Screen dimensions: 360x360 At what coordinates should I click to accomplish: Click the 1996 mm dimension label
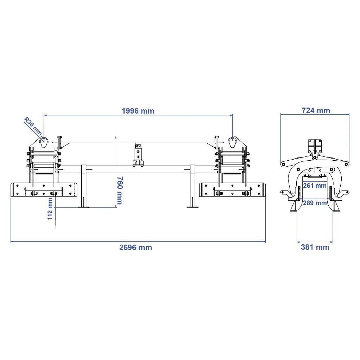click(x=138, y=111)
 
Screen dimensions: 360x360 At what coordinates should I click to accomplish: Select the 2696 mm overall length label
click(x=135, y=247)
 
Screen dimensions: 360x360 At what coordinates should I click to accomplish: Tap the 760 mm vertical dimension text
click(x=119, y=190)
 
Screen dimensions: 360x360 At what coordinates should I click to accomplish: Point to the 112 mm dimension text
click(x=50, y=209)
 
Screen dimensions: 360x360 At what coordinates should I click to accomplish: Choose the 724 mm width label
click(x=316, y=111)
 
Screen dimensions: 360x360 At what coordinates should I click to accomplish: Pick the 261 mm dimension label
click(x=315, y=185)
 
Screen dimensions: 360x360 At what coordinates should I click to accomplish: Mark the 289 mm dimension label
click(x=315, y=203)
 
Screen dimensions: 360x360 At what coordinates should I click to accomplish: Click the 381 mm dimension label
click(x=315, y=247)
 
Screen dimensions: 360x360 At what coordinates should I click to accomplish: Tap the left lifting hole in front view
click(x=44, y=142)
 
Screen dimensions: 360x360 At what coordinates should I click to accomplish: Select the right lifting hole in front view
click(x=232, y=142)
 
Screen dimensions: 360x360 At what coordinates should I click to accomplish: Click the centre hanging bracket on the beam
click(x=138, y=155)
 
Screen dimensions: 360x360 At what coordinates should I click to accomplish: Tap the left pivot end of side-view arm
click(x=283, y=164)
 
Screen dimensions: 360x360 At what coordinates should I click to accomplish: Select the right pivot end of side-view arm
click(x=347, y=164)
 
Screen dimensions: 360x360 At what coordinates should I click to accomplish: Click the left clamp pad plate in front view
click(x=44, y=189)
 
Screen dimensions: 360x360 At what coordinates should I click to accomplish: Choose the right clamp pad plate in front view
click(x=232, y=189)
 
